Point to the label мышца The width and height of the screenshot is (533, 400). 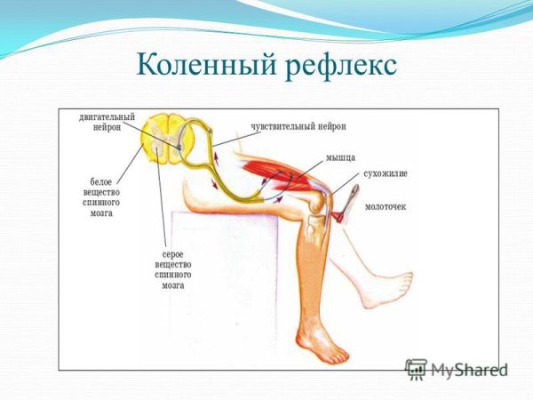click(338, 156)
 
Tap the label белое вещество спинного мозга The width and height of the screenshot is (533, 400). click(98, 196)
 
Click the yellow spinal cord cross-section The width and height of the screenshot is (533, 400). click(170, 138)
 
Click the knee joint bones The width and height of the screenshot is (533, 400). click(316, 218)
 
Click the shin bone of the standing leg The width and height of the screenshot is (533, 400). click(311, 276)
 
